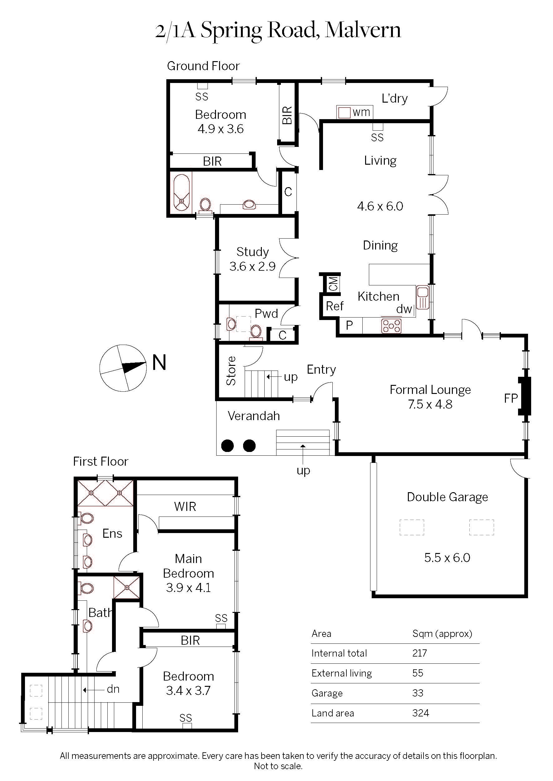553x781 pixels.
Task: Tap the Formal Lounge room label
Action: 430,390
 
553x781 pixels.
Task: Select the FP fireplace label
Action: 511,398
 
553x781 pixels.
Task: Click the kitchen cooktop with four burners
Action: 391,326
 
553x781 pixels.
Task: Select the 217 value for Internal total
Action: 419,653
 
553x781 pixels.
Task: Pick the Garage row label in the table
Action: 327,693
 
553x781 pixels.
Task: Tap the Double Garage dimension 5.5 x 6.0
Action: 447,558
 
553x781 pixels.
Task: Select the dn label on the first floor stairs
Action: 113,689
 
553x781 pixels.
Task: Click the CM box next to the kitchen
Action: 333,283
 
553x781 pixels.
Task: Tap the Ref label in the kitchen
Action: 334,306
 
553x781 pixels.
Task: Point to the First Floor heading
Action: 100,461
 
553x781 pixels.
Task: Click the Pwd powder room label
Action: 266,313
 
